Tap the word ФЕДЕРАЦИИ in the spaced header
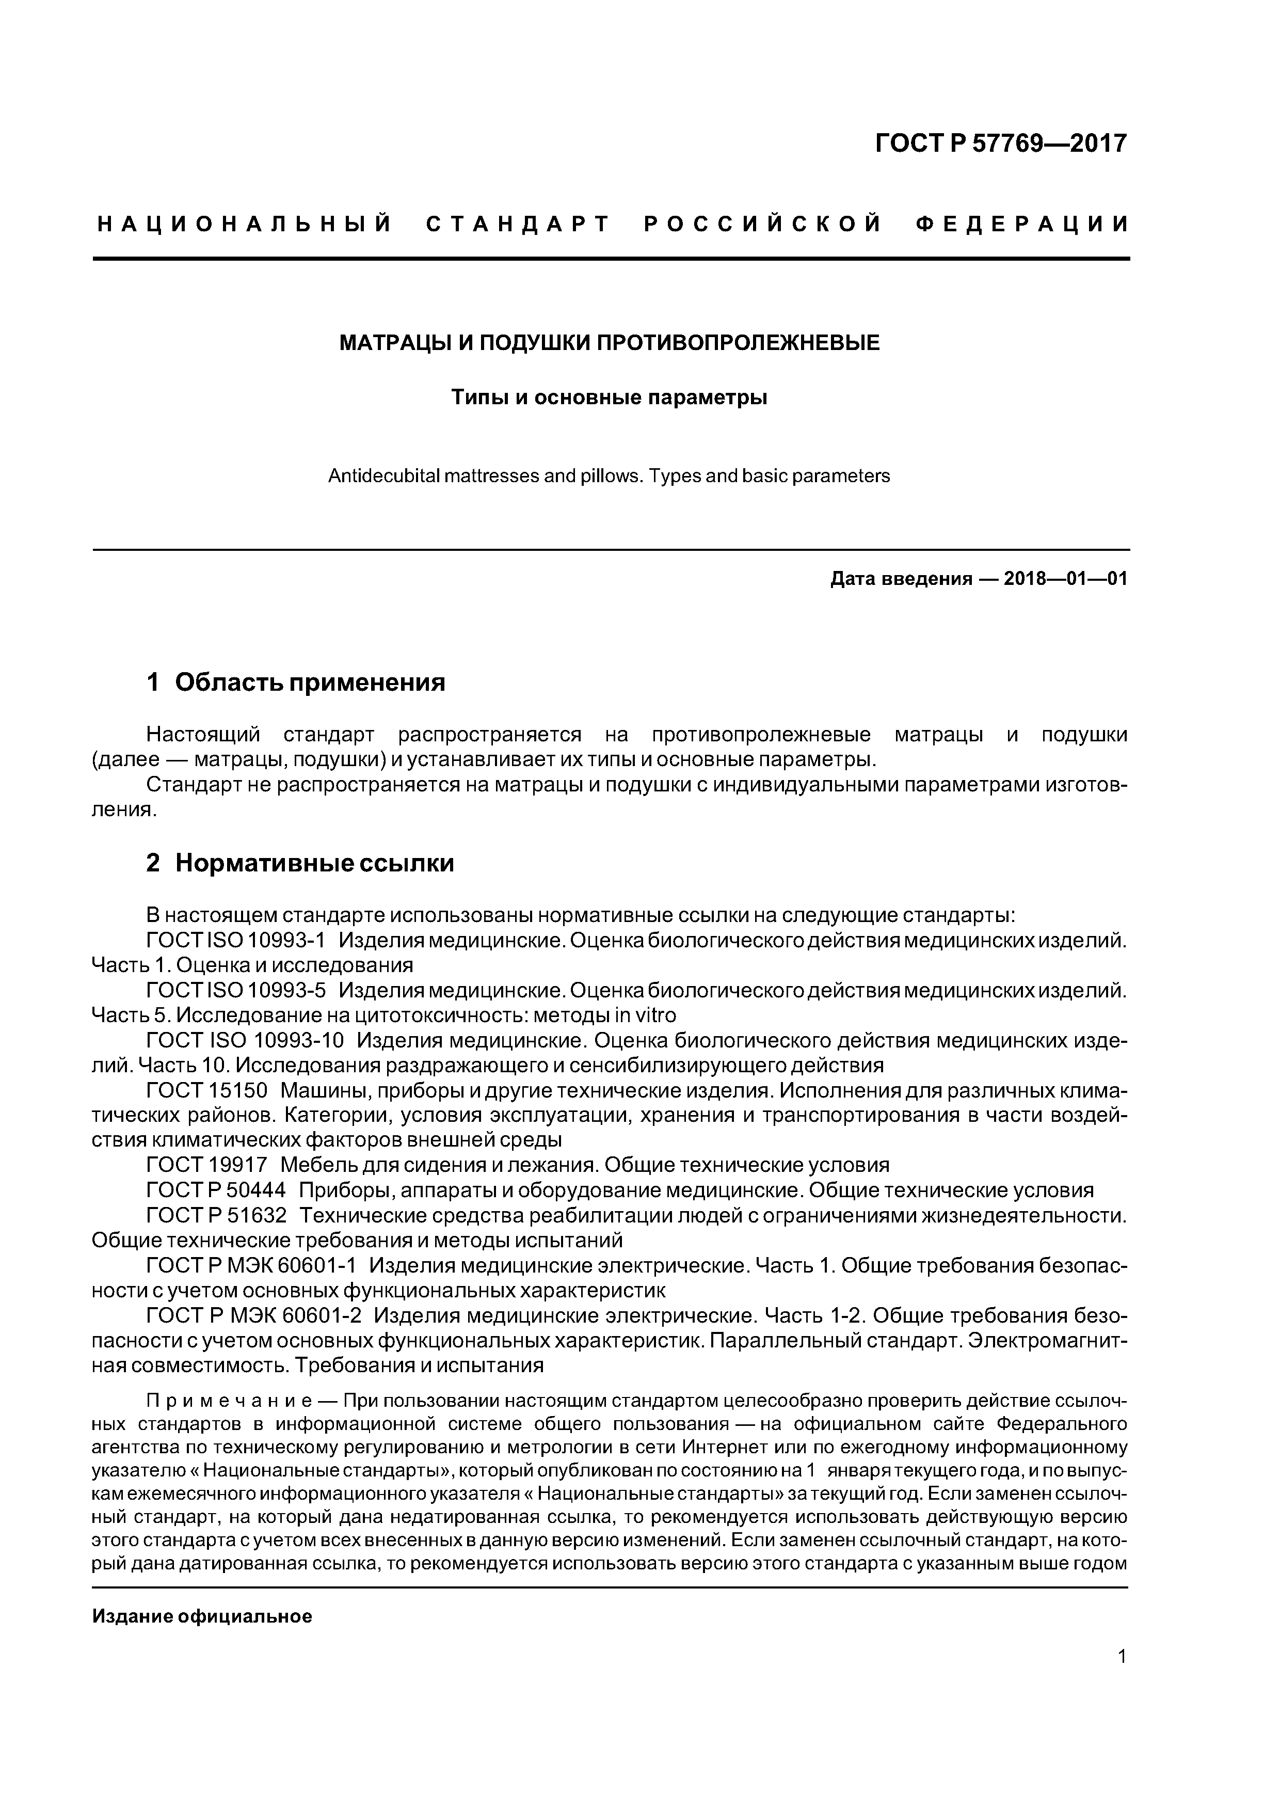1023,225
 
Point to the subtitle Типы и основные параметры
609,398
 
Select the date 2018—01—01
1065,579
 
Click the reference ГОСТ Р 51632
216,1215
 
